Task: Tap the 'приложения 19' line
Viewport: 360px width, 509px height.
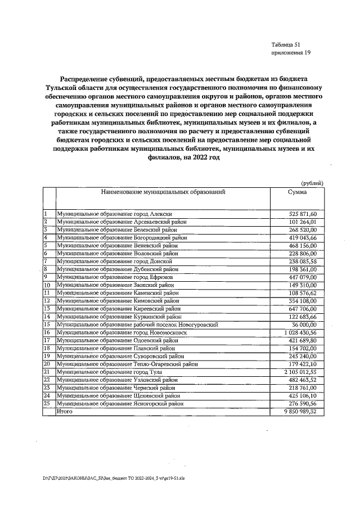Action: click(x=290, y=53)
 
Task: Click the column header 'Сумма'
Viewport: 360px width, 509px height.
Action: click(x=297, y=192)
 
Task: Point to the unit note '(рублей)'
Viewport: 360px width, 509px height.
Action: click(x=312, y=183)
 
